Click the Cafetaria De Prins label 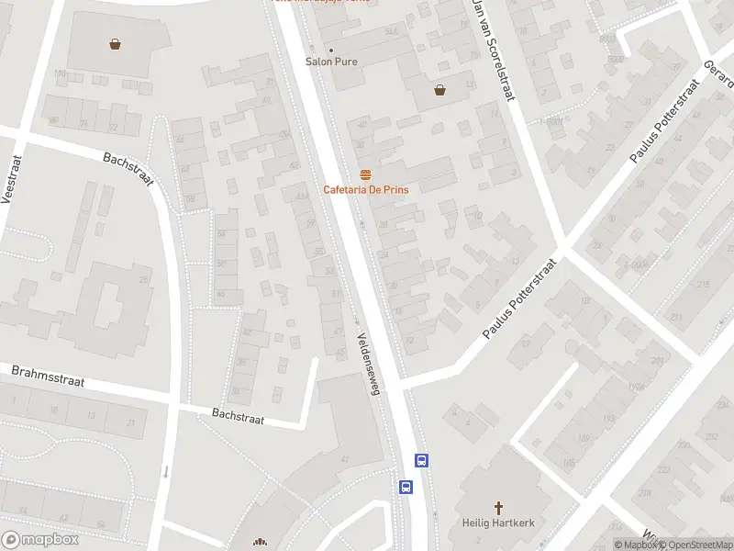365,189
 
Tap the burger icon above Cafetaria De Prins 365,174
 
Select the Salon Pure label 331,62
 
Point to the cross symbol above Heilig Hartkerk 499,507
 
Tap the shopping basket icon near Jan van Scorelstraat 440,90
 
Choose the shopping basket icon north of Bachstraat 116,42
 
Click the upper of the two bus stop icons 422,461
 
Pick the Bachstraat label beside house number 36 238,418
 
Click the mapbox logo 40,540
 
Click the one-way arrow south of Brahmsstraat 166,472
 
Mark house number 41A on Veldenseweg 302,196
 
